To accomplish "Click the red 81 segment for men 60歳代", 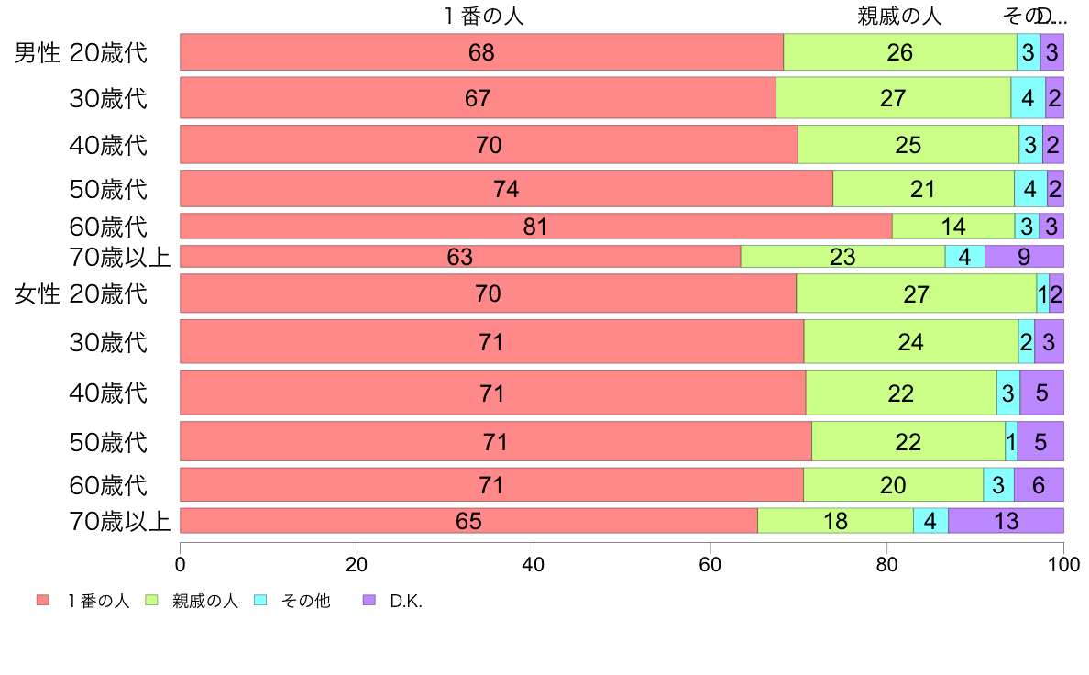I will [x=535, y=226].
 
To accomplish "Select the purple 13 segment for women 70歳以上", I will [x=1006, y=520].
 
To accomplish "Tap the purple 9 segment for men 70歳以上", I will [x=1024, y=257].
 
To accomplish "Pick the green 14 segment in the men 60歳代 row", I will [x=953, y=226].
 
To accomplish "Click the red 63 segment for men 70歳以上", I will [x=460, y=257].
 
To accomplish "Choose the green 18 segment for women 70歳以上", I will [x=835, y=520].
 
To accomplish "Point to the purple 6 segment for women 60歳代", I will [x=1039, y=484].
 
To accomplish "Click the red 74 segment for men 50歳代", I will [x=506, y=188].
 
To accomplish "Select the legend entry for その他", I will [x=305, y=601].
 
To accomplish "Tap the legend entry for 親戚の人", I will [x=204, y=601].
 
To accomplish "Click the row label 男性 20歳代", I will [x=81, y=52].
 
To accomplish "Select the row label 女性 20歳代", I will [x=81, y=294].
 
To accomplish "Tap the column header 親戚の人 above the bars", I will [x=899, y=16].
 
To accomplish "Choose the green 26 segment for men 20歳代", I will [x=899, y=52].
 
